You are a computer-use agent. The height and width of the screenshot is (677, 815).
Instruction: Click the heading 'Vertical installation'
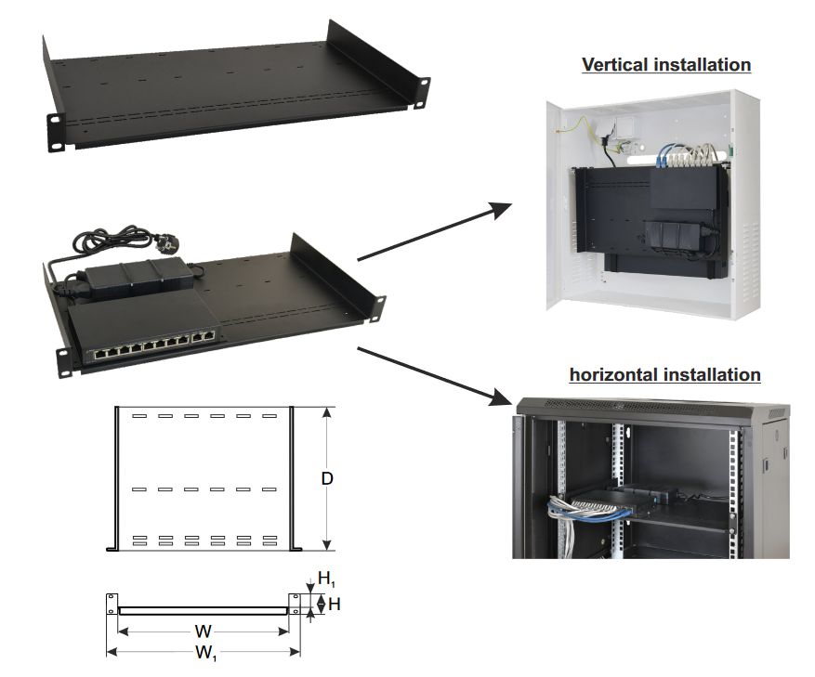665,65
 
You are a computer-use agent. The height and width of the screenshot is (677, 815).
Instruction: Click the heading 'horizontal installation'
664,375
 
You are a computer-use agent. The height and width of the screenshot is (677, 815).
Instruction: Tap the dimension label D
327,479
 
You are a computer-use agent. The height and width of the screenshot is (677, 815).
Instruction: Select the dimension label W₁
205,654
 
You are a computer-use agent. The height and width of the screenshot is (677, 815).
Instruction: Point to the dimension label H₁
326,579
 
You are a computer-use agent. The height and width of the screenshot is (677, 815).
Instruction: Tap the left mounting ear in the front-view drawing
112,605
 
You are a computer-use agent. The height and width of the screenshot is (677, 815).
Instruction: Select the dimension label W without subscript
204,631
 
